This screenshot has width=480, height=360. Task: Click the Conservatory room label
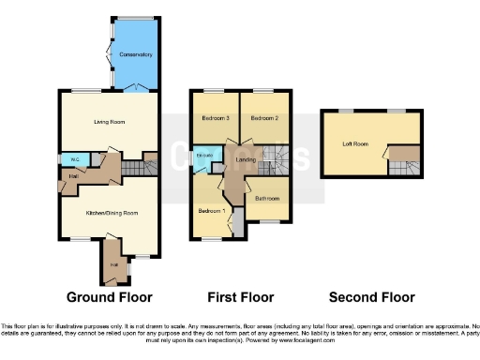(x=135, y=55)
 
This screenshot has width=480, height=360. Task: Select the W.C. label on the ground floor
(x=72, y=159)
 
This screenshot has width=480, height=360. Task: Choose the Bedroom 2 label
(x=263, y=119)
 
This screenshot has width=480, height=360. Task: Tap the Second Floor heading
(x=372, y=297)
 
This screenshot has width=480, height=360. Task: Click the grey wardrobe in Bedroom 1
(x=237, y=225)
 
